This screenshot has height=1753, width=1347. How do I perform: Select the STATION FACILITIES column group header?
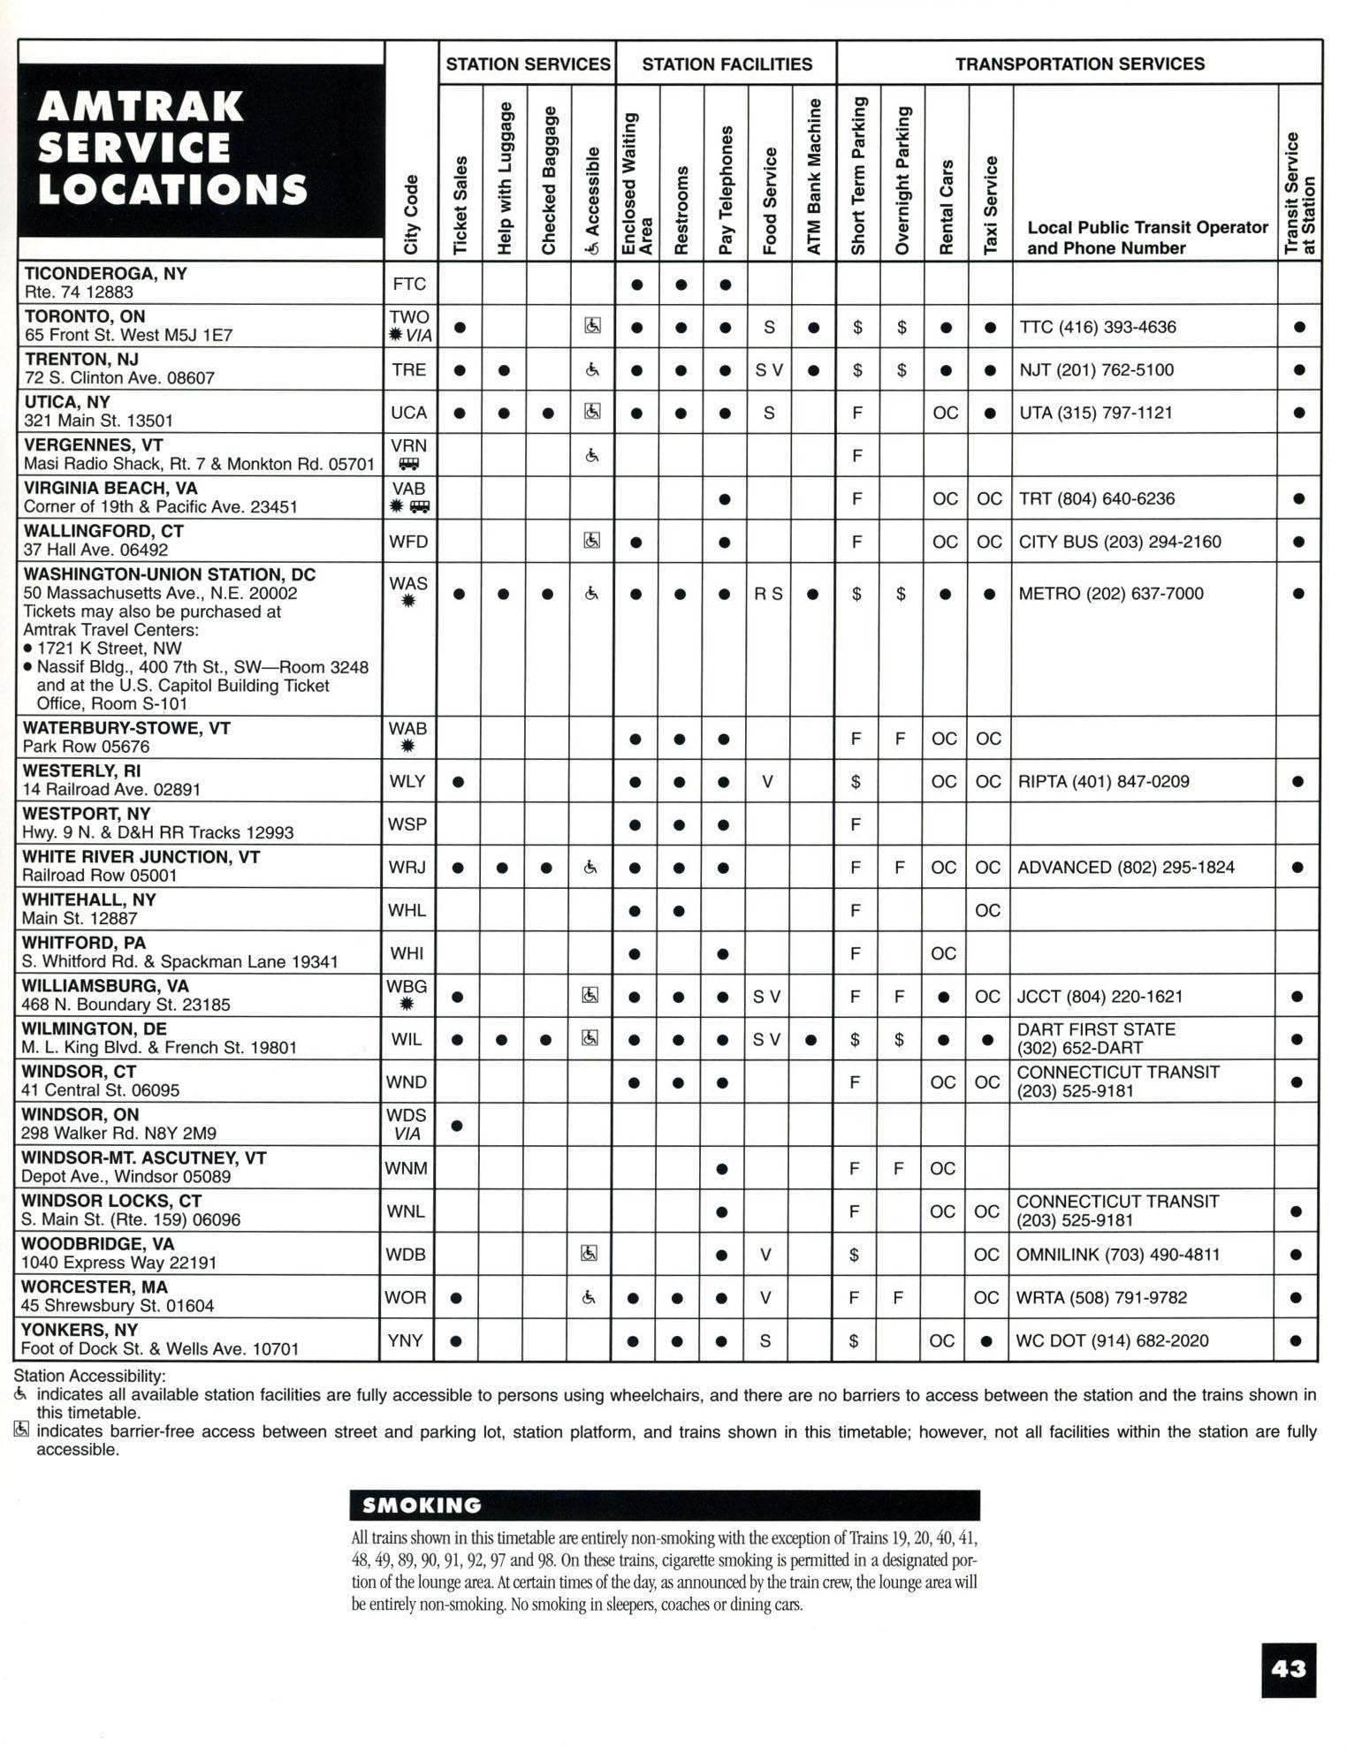pos(727,64)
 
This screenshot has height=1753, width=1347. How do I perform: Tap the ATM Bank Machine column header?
pos(814,177)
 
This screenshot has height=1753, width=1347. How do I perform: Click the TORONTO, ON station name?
pos(85,316)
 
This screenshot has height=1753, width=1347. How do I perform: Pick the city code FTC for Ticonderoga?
pos(409,284)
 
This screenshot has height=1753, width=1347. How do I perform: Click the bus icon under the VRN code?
pos(408,464)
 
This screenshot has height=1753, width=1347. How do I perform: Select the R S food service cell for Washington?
pos(768,594)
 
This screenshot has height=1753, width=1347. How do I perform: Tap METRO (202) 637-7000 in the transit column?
pos(1111,594)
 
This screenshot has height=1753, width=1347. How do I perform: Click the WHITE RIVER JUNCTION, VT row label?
pos(141,857)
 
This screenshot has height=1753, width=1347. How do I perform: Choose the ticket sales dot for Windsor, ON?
pos(457,1126)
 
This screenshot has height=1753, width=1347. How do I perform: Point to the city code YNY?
pos(406,1340)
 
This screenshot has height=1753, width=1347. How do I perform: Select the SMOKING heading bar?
pos(665,1505)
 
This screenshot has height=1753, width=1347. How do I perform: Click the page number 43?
pos(1289,1669)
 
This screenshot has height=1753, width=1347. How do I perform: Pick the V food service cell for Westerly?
pos(767,782)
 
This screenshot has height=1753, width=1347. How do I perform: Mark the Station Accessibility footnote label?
pos(90,1376)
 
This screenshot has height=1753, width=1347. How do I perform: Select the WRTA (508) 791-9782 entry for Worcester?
pos(1101,1298)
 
